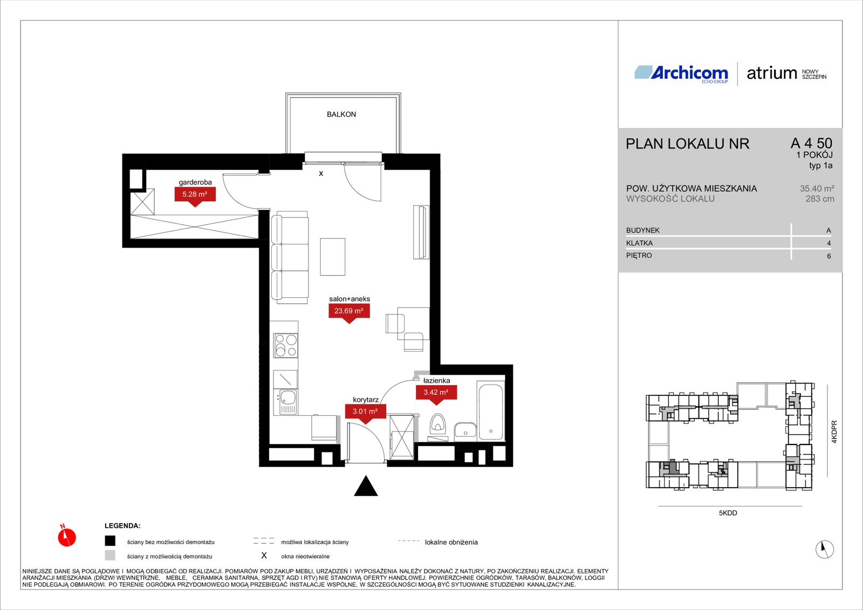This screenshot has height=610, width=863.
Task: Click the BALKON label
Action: (341, 114)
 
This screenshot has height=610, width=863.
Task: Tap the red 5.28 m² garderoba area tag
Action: (195, 196)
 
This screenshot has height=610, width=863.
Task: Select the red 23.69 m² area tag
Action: (349, 312)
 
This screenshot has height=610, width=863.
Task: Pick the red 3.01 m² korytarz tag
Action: (365, 413)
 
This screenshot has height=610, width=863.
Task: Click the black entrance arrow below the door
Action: (366, 485)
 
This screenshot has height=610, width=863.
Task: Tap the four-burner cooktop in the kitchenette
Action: (285, 345)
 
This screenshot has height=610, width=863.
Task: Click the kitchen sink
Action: (285, 402)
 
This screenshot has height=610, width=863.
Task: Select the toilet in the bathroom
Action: (437, 424)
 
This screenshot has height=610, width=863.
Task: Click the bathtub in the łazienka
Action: (490, 411)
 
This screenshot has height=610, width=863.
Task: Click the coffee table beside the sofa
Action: (332, 257)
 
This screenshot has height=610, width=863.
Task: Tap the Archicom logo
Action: (681, 73)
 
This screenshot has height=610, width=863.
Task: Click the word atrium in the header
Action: (772, 73)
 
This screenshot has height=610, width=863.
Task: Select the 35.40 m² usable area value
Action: (817, 188)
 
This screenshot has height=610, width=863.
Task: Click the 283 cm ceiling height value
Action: (820, 199)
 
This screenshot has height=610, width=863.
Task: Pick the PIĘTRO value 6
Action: (828, 256)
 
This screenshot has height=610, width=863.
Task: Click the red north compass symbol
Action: (67, 536)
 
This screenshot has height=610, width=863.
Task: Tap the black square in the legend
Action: (110, 541)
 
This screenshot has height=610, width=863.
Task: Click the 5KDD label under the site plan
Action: (728, 513)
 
